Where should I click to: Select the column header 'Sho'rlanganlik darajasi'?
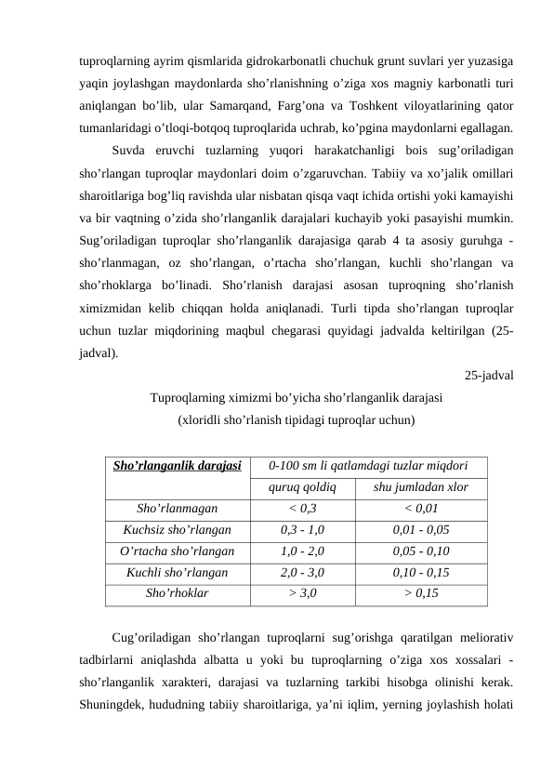177,465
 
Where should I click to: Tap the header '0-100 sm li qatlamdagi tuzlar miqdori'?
367,465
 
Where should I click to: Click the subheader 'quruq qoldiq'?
302,487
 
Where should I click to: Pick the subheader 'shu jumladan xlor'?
420,487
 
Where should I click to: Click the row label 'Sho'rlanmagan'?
177,509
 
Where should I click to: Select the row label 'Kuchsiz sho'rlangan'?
177,530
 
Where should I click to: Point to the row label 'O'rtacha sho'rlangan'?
177,551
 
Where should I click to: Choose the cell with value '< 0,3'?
302,509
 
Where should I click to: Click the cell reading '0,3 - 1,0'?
302,530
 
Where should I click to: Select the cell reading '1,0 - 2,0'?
302,551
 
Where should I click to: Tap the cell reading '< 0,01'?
420,509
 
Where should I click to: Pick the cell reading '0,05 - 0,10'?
420,551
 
